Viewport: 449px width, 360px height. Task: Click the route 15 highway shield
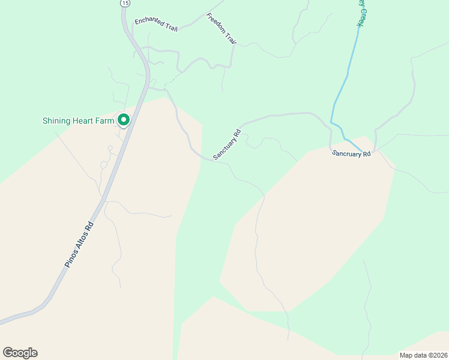point(124,3)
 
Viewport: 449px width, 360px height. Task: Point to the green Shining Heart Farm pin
point(124,120)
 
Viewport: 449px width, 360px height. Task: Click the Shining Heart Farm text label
point(78,121)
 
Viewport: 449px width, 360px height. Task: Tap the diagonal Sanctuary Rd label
point(226,145)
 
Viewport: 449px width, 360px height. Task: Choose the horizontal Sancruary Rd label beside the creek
point(352,154)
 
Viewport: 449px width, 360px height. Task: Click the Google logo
point(20,353)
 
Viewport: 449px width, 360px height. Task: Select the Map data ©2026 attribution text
point(423,355)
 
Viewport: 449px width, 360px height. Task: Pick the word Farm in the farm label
point(104,121)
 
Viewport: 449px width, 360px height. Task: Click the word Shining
point(55,121)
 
